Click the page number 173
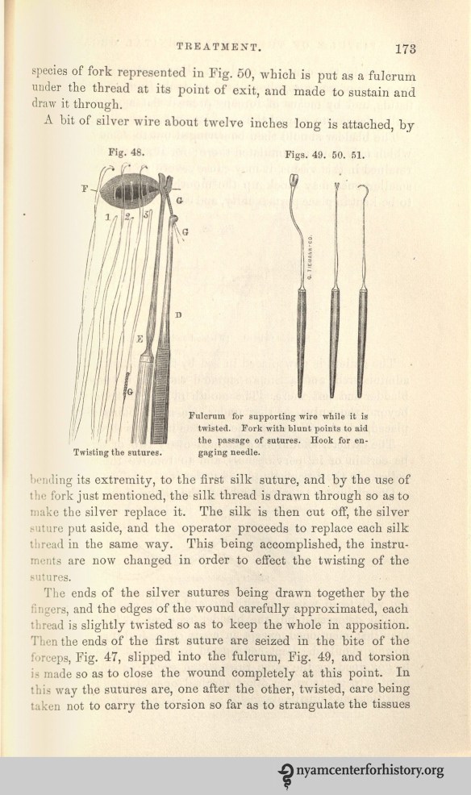401,48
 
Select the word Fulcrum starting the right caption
208,416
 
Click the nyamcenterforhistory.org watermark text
370,772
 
